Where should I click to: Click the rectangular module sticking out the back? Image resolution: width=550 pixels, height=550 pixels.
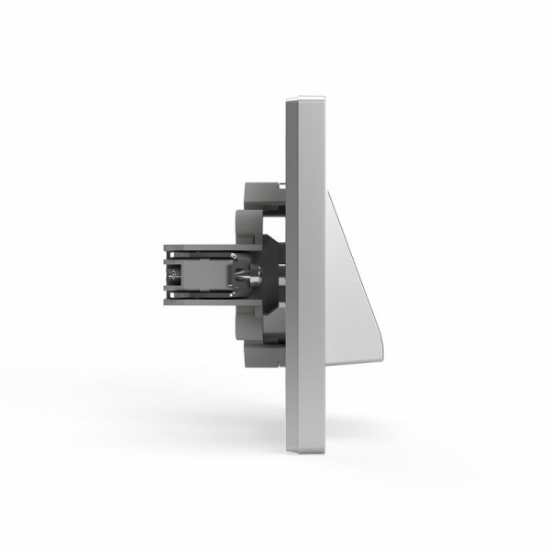click(202, 272)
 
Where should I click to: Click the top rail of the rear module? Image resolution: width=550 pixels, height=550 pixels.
click(202, 247)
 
